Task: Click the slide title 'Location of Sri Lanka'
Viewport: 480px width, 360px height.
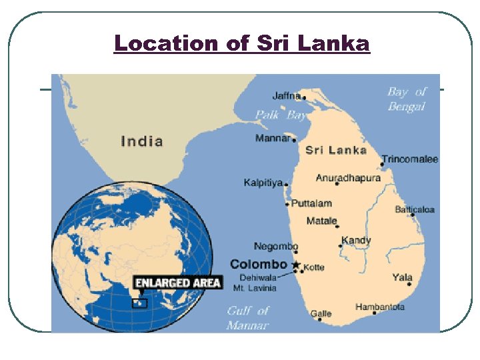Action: (x=241, y=43)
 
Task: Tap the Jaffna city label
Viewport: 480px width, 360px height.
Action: (x=287, y=96)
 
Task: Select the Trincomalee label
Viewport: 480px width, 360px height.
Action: (x=409, y=159)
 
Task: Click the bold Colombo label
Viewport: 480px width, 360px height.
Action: (x=258, y=265)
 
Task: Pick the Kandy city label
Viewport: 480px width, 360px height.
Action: (x=356, y=240)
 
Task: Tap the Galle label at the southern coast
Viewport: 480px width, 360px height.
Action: (x=321, y=313)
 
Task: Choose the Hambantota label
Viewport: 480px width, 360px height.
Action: (x=379, y=307)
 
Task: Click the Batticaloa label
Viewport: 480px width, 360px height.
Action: (x=415, y=209)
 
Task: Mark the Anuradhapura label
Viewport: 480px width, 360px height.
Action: (x=348, y=178)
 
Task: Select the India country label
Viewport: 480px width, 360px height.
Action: (x=142, y=141)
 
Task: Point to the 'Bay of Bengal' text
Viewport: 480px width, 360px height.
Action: (x=406, y=99)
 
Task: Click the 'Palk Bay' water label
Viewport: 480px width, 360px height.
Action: (x=281, y=115)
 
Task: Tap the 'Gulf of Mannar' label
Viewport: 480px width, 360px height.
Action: (x=247, y=318)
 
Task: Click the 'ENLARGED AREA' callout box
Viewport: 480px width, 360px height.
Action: (x=177, y=283)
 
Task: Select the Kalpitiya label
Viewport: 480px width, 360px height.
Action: (x=263, y=183)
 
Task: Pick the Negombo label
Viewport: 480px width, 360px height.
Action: (x=275, y=247)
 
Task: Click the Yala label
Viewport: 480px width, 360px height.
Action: (x=402, y=277)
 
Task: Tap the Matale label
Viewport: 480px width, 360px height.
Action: (x=321, y=221)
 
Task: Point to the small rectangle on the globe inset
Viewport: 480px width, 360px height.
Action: (x=139, y=303)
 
